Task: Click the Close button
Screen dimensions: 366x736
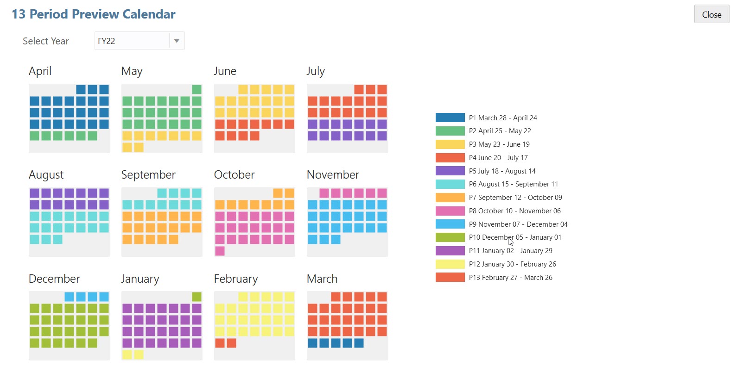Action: [x=711, y=14]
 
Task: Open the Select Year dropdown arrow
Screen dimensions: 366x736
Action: [x=177, y=41]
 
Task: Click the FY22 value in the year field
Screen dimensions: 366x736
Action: [x=107, y=41]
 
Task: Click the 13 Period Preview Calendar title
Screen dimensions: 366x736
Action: [x=94, y=14]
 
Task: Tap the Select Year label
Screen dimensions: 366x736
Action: [x=46, y=41]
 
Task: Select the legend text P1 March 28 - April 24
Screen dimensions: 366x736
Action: [x=503, y=118]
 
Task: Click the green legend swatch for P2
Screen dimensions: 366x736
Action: [x=450, y=131]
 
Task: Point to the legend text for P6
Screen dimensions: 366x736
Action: [x=514, y=184]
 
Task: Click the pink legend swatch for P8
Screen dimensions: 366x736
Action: [x=450, y=211]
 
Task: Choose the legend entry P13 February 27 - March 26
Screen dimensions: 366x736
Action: [x=510, y=278]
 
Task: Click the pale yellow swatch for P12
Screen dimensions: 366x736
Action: [x=450, y=264]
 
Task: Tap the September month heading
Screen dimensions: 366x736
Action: [x=148, y=175]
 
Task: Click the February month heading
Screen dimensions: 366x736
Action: [x=236, y=279]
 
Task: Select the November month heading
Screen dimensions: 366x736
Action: [x=333, y=175]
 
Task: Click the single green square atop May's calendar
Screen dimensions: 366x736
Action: [x=197, y=89]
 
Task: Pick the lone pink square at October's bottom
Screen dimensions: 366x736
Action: [x=220, y=251]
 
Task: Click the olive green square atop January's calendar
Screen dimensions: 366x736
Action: [x=197, y=297]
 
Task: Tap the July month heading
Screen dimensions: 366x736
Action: [x=316, y=71]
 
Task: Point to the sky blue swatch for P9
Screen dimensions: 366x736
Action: [x=450, y=224]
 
